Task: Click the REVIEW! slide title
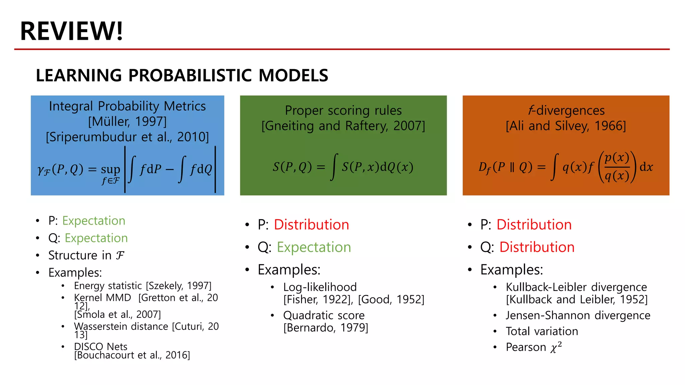pos(72,31)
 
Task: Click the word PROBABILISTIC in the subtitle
pos(190,75)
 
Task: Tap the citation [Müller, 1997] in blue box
pos(127,121)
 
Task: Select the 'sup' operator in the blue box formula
pos(110,170)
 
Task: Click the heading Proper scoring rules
pos(343,110)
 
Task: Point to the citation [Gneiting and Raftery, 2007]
pos(343,126)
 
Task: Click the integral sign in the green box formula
pos(333,167)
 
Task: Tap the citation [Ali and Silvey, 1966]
pos(566,126)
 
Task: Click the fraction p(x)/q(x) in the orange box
pos(617,166)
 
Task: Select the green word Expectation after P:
pos(94,221)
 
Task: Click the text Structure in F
pos(86,255)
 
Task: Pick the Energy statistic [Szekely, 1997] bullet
pos(142,286)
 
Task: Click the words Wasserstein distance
pos(121,326)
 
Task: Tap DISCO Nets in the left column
pos(101,347)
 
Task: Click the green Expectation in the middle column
pos(314,247)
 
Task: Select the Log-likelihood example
pos(320,287)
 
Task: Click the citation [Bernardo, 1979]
pos(325,328)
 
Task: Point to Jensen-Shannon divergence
pos(578,315)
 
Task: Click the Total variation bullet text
pos(542,331)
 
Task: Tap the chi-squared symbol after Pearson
pos(556,348)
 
